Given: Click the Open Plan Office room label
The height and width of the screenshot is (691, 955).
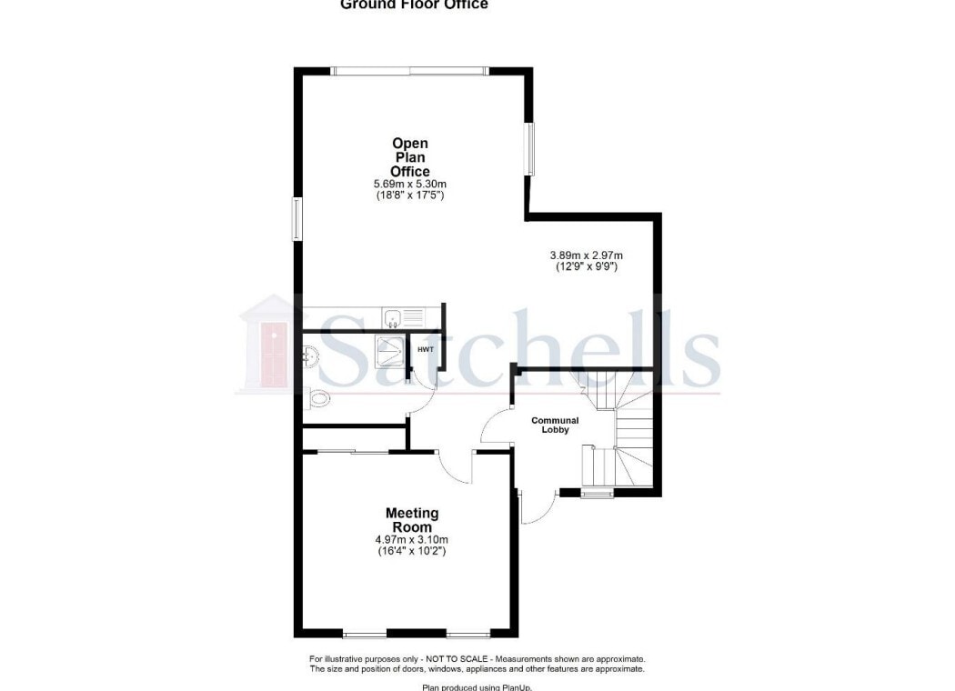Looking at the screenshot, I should [x=409, y=157].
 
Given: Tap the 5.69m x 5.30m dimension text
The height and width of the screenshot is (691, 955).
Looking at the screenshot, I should [x=409, y=183].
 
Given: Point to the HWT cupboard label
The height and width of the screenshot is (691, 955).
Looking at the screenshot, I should [x=425, y=349].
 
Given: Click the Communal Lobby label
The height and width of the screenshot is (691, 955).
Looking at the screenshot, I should [x=555, y=425].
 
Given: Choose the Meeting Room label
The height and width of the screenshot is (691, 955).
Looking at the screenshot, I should [x=411, y=520].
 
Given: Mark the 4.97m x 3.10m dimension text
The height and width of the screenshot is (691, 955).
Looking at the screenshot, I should [x=411, y=539].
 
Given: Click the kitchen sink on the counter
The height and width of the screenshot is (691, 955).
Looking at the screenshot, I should [x=394, y=317].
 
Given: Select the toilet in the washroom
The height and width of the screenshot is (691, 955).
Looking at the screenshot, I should [x=317, y=398].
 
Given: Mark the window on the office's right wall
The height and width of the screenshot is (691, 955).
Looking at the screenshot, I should [x=529, y=148].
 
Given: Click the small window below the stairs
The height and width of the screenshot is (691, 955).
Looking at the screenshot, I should [x=598, y=494].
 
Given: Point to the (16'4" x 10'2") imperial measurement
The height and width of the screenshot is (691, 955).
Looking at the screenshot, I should [x=411, y=551].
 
